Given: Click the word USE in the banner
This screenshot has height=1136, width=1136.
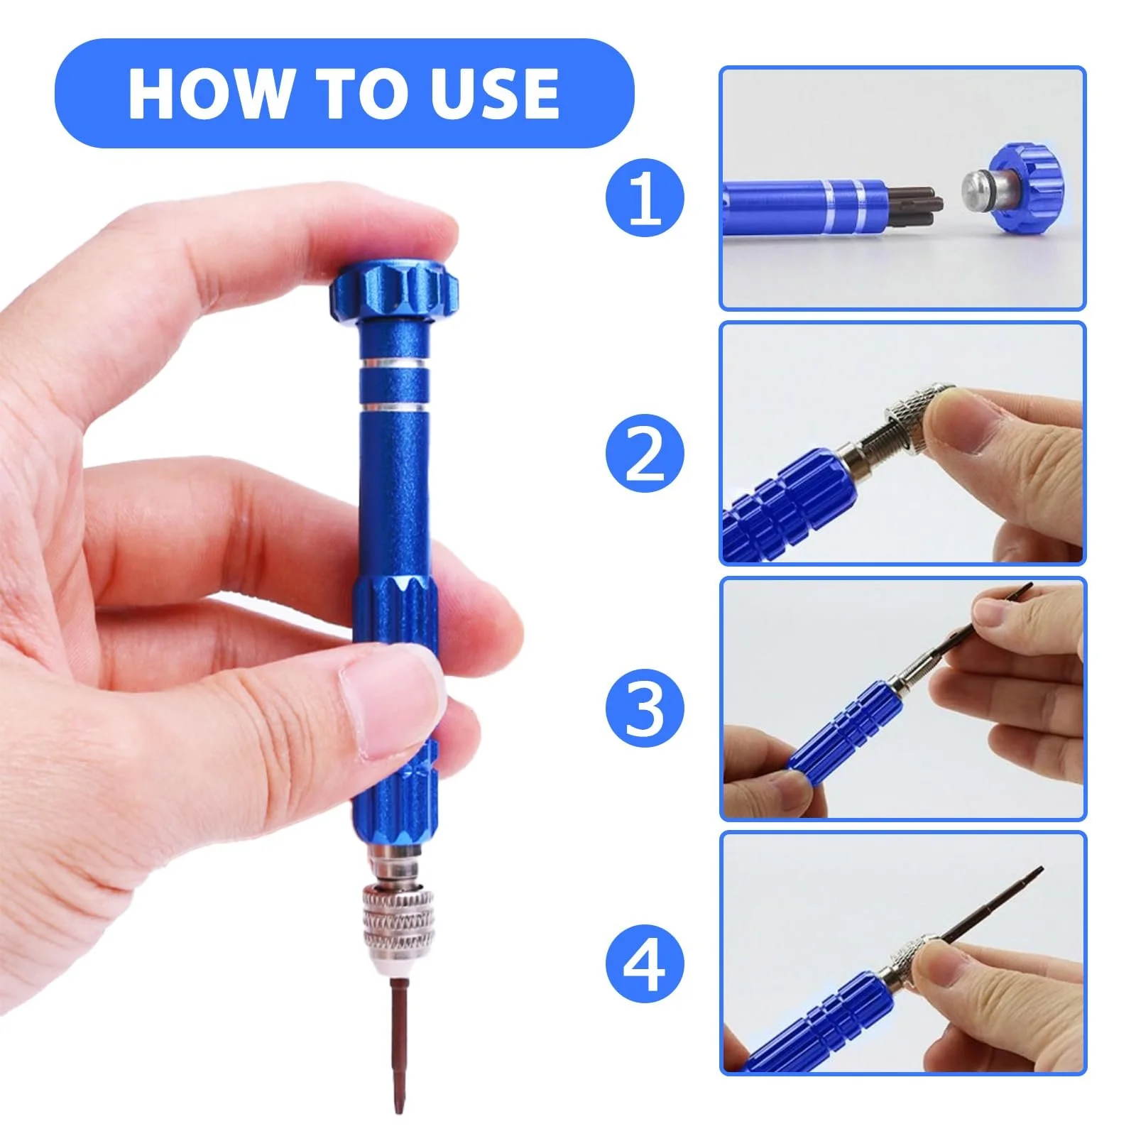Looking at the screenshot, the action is click(x=495, y=94).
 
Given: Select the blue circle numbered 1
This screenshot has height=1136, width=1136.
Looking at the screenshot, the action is click(x=645, y=197).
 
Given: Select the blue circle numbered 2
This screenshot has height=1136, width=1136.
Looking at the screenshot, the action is click(x=645, y=453).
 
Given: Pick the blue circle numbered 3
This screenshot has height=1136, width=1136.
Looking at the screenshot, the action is click(x=645, y=709).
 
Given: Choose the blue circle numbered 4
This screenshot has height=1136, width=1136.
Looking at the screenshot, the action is click(x=645, y=963).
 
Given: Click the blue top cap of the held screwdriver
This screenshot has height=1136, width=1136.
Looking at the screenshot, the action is click(x=394, y=291).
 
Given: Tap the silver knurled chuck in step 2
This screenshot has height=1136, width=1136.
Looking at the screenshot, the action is click(x=916, y=419).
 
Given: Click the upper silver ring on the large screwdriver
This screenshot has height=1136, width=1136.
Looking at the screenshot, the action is click(x=394, y=363).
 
